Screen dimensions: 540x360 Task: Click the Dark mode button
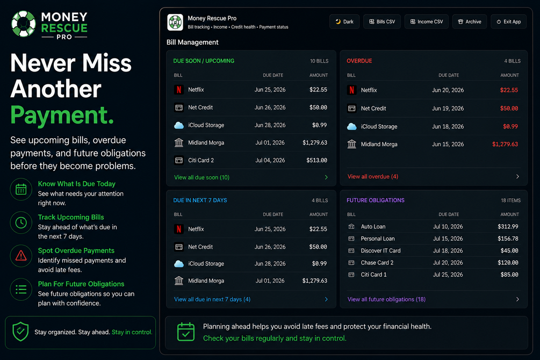tap(344, 21)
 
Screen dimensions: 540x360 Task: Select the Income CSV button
tap(426, 21)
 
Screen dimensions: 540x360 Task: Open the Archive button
tap(470, 21)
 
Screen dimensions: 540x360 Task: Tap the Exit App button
tap(509, 21)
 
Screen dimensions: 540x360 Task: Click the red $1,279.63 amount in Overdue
tap(505, 145)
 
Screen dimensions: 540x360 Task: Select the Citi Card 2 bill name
tap(201, 160)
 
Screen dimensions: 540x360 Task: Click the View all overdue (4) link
tap(373, 176)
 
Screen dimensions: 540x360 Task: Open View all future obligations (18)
tap(386, 299)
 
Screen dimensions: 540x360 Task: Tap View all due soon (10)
tap(202, 177)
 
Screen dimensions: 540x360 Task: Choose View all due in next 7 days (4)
tap(212, 299)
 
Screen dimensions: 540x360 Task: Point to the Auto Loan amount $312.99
tap(508, 227)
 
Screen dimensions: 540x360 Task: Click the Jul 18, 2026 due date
tap(448, 251)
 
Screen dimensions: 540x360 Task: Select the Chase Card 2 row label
tap(377, 263)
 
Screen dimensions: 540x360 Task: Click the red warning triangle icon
tap(21, 256)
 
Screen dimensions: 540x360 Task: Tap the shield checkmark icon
tap(20, 332)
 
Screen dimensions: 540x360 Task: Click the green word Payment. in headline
tap(62, 116)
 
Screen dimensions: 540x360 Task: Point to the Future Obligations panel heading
tap(376, 200)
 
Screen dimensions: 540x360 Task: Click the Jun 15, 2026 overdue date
tap(448, 145)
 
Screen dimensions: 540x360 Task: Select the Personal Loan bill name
tap(378, 239)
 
